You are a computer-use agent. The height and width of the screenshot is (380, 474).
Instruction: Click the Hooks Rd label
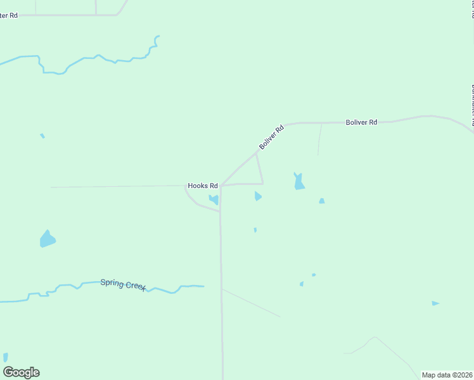coord(203,186)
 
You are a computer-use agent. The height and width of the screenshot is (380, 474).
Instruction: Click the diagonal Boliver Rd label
coord(271,137)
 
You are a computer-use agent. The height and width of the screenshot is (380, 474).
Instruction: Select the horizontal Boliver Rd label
coord(361,122)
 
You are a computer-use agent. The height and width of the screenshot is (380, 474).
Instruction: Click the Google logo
coord(22,372)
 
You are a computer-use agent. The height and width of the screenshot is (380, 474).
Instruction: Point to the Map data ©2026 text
coord(447,375)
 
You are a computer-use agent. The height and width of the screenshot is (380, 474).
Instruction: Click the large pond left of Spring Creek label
coord(47,239)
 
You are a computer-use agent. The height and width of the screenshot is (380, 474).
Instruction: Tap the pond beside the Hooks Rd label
coord(214,199)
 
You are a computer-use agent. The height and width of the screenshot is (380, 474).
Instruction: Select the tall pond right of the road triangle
coord(298,182)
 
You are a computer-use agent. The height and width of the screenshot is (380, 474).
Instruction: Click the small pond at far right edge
coord(435,303)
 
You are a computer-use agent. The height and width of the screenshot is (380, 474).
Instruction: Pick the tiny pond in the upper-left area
coord(42,136)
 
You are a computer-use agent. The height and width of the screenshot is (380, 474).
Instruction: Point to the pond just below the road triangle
coord(257,196)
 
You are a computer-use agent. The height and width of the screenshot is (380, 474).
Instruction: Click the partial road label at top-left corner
coord(9,15)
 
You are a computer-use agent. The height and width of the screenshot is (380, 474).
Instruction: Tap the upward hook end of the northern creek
coord(157,37)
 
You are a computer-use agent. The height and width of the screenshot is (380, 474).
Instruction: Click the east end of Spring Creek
coord(202,286)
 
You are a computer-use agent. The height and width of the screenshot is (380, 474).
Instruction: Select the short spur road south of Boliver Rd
coord(319,139)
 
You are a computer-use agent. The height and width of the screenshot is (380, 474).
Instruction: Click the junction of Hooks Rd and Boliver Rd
coord(221,186)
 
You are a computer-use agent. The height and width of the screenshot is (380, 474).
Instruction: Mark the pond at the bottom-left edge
coord(6,357)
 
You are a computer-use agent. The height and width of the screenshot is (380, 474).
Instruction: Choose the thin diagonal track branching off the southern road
coord(251,303)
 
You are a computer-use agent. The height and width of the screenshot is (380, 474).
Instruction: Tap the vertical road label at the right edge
coord(471,104)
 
